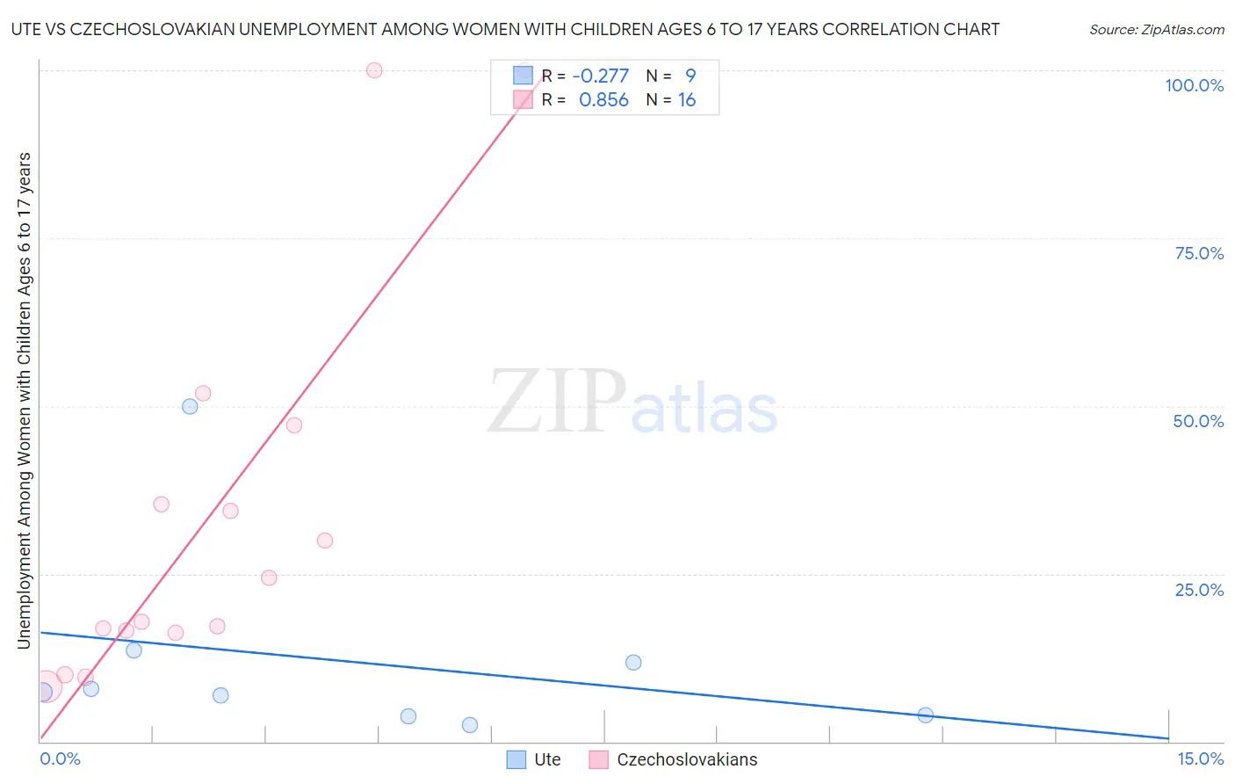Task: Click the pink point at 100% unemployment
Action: click(374, 70)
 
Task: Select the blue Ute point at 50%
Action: click(190, 406)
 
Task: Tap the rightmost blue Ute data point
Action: click(925, 715)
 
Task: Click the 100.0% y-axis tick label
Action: click(1194, 85)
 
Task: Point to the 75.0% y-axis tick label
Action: click(1199, 253)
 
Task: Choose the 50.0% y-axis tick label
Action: click(1198, 421)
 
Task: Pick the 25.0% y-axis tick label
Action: click(1199, 589)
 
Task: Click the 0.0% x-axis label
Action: click(60, 759)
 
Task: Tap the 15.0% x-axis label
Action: click(1200, 759)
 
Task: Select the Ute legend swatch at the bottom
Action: click(516, 759)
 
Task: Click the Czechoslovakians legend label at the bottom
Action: click(687, 759)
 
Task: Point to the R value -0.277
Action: click(601, 76)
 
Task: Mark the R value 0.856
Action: click(603, 100)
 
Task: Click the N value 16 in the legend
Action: click(686, 100)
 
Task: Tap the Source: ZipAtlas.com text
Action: click(1156, 30)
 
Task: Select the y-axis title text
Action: click(24, 401)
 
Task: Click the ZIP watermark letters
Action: click(557, 402)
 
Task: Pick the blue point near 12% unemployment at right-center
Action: click(633, 662)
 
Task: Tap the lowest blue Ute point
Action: click(470, 725)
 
